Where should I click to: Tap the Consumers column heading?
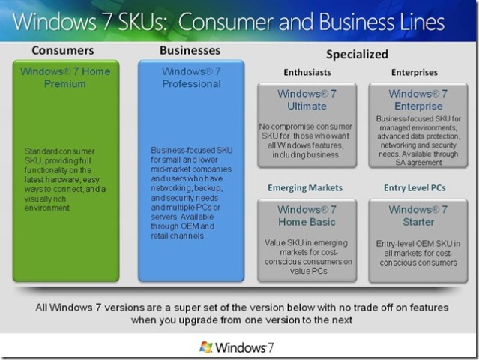(x=63, y=50)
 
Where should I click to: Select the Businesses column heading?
(x=190, y=50)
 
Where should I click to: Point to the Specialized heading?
(x=357, y=55)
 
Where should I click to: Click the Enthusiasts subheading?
(x=307, y=73)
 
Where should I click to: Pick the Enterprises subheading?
(x=415, y=73)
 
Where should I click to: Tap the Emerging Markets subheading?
(x=305, y=188)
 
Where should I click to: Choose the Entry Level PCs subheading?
(x=415, y=188)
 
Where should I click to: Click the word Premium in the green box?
(x=65, y=84)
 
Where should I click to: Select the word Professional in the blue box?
(x=192, y=84)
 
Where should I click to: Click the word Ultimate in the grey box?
(x=307, y=106)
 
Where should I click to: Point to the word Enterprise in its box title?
(x=418, y=106)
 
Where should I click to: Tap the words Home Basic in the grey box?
(x=307, y=222)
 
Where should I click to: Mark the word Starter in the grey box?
(x=418, y=222)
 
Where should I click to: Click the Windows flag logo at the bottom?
(x=206, y=347)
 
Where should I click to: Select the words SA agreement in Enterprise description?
(x=418, y=163)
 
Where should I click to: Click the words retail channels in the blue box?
(x=177, y=236)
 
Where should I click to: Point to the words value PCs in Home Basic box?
(x=309, y=271)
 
